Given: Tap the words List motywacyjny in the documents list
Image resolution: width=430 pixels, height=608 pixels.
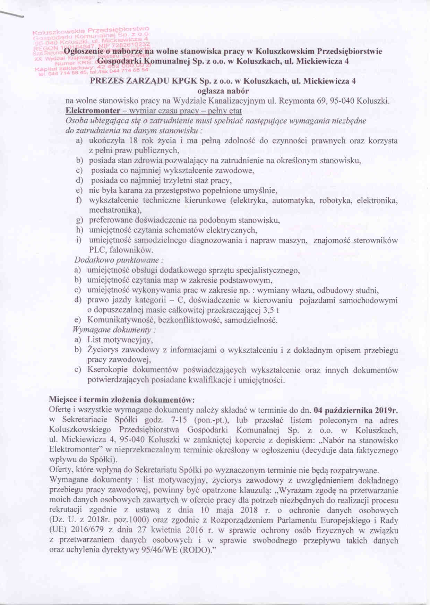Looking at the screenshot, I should (x=120, y=340).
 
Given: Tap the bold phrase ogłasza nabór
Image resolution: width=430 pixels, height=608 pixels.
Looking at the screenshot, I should (x=223, y=91).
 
